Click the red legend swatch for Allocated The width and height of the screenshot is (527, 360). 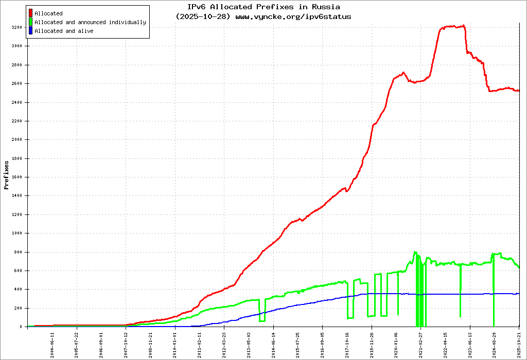click(x=31, y=13)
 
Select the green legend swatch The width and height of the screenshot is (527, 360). click(x=31, y=22)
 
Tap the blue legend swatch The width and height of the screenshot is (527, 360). click(x=31, y=31)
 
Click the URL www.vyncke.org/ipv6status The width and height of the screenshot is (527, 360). click(x=293, y=16)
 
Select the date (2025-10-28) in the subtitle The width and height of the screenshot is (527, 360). click(x=204, y=16)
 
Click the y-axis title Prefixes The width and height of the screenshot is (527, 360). click(x=6, y=175)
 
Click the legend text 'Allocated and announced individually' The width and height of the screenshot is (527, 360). click(x=90, y=22)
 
